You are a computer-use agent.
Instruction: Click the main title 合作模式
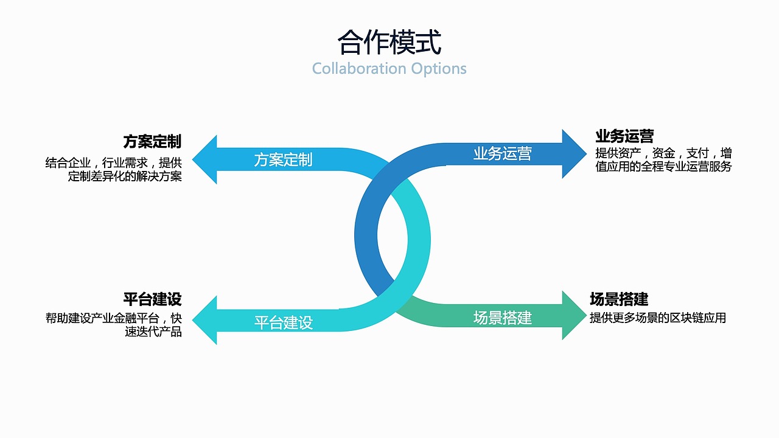pos(389,43)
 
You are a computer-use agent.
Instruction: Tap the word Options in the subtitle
pos(439,68)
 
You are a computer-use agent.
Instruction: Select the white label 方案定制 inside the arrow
pos(283,160)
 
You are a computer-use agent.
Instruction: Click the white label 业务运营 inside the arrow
pos(502,153)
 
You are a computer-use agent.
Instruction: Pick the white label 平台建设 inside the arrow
pos(283,322)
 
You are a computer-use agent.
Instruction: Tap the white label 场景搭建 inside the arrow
pos(502,318)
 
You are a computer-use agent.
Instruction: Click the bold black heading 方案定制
pos(152,142)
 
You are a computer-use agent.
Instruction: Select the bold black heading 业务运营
pos(624,136)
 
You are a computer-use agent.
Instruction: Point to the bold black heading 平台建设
pos(152,299)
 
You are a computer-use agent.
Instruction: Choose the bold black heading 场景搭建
pos(619,299)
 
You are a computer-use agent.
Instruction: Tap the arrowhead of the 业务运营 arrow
pos(573,154)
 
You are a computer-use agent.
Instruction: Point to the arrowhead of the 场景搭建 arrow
pos(573,315)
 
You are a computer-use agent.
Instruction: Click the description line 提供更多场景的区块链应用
pos(658,318)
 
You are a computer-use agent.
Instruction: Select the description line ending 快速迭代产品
pos(153,332)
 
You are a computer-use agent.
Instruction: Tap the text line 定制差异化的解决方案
pos(125,177)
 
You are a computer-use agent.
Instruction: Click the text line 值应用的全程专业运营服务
pos(663,167)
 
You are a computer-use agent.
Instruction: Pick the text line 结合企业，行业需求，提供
pos(114,163)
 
